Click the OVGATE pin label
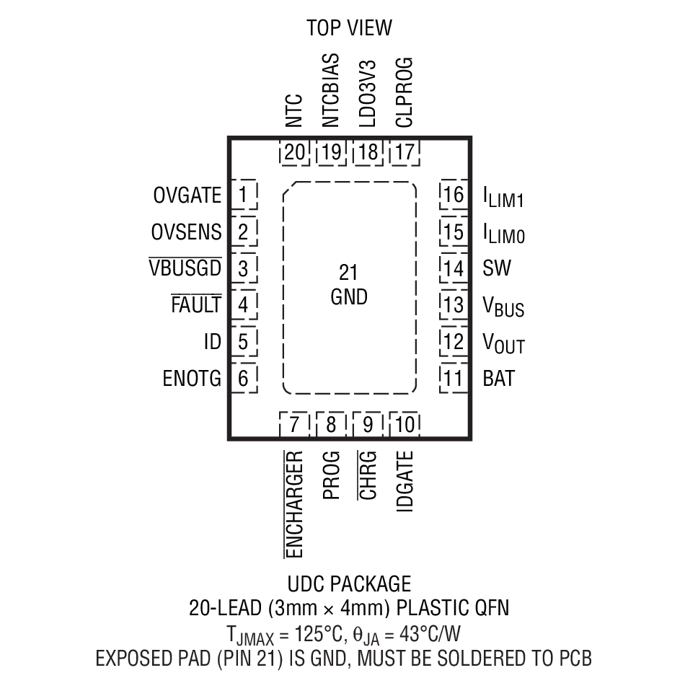point(187,195)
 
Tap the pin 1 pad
point(244,195)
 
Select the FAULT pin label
point(195,304)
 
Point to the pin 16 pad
point(454,195)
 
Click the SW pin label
point(497,268)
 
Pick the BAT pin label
point(499,378)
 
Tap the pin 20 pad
point(294,152)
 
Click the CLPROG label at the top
point(405,92)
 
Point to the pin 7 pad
point(294,425)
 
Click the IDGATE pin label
point(405,482)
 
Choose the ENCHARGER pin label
point(294,505)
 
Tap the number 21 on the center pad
point(348,273)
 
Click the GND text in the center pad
point(349,296)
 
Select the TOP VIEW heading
point(349,27)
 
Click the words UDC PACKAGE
point(349,584)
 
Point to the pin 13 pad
point(454,304)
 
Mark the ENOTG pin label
point(192,378)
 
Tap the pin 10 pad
point(405,425)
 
